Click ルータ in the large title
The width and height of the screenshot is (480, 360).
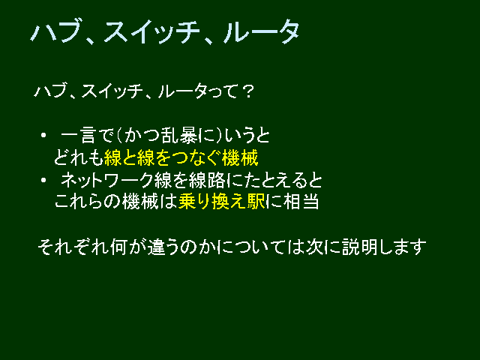262,31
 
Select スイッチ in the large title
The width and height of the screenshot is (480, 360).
152,31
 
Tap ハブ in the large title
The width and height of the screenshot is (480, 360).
55,31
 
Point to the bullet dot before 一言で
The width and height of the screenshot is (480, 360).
43,135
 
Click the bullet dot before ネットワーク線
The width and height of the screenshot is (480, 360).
43,180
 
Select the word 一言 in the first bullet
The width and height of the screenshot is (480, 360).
79,136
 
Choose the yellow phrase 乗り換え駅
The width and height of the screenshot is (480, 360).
222,202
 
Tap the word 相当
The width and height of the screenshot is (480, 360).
301,202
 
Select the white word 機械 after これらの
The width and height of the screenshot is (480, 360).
140,202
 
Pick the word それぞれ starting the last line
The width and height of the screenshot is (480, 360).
73,247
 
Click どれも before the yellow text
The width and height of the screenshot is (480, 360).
78,158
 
